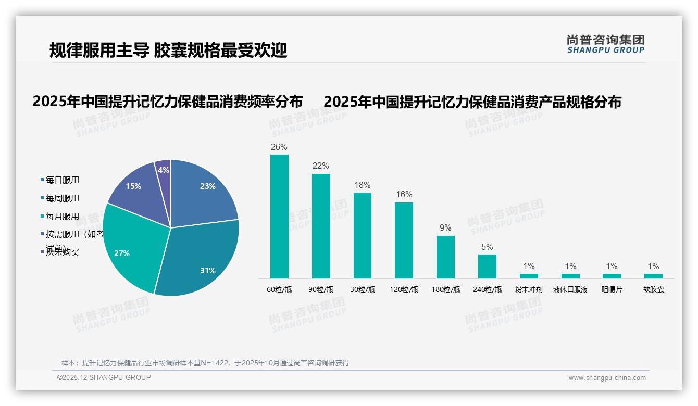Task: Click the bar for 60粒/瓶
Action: (279, 216)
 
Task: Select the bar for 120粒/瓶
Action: (404, 240)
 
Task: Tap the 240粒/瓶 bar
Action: (487, 266)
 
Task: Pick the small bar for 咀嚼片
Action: (612, 276)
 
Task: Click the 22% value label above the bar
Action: (320, 166)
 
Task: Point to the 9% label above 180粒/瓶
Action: (445, 228)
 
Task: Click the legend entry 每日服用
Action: (62, 180)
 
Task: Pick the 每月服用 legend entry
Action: (62, 217)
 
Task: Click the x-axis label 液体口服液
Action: (570, 289)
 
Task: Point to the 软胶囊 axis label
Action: (653, 289)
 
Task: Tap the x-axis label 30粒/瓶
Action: (363, 289)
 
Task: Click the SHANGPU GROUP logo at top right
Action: (606, 44)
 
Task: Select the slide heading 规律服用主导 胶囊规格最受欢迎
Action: (168, 50)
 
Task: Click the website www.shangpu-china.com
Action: (607, 378)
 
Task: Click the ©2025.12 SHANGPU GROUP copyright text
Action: (104, 377)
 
